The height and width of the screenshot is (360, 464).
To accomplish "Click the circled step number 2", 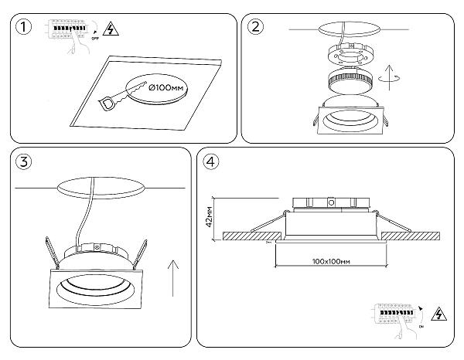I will pyautogui.click(x=255, y=27).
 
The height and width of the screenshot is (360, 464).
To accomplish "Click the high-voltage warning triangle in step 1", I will pyautogui.click(x=111, y=30).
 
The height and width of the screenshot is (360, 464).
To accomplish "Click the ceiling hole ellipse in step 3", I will pyautogui.click(x=101, y=187).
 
